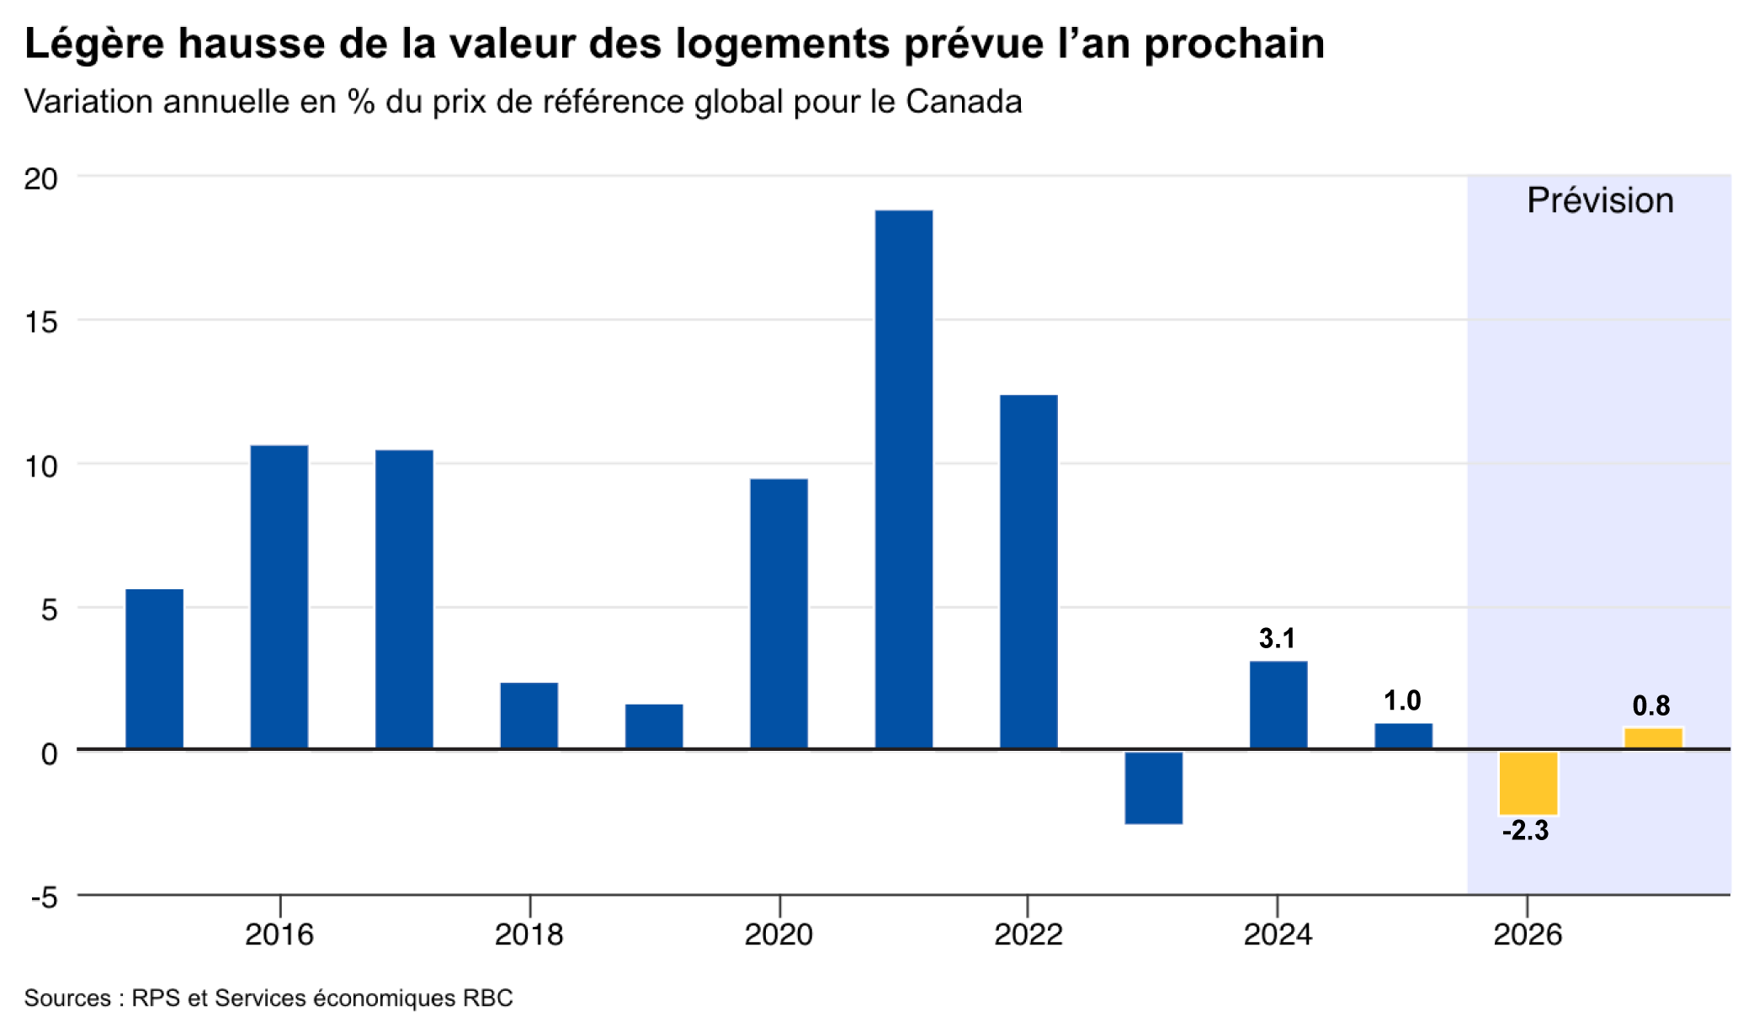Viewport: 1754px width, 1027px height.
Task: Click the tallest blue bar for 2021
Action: (904, 479)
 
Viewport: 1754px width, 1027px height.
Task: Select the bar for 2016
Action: (279, 597)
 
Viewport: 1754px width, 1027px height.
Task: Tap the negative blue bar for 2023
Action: (1154, 787)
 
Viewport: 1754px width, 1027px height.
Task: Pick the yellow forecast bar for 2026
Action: (1528, 783)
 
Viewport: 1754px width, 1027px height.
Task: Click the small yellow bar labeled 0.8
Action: (1653, 738)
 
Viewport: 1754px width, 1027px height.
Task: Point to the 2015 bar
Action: (155, 668)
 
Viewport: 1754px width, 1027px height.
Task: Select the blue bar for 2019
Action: (654, 726)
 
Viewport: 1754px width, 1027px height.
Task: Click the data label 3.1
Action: (1277, 639)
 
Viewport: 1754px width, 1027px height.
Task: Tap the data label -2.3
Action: (1526, 831)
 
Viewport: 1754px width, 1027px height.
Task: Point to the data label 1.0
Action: (1402, 700)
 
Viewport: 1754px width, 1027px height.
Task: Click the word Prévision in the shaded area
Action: (1600, 200)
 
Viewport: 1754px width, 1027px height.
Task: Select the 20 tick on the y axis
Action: (41, 178)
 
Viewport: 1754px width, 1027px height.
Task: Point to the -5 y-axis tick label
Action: (45, 897)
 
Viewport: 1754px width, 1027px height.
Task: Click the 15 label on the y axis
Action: (41, 322)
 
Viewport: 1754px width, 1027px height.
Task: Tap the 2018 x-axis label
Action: (529, 934)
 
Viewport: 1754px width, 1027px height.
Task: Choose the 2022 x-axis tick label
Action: (1028, 934)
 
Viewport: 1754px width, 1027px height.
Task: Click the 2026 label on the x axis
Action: (1528, 934)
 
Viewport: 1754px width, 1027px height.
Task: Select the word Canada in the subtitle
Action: (964, 102)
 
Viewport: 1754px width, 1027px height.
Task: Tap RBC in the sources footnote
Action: (487, 998)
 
